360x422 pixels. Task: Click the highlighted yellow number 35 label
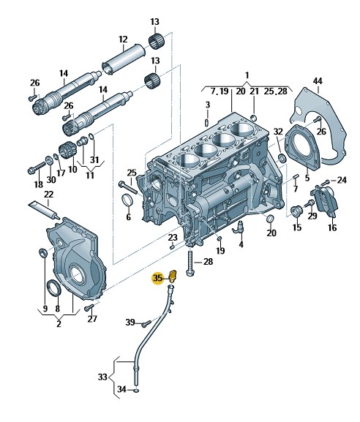pyautogui.click(x=157, y=278)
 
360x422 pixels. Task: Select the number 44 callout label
pyautogui.click(x=318, y=81)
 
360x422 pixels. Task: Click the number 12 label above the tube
pyautogui.click(x=123, y=39)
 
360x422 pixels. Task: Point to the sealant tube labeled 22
pyautogui.click(x=44, y=210)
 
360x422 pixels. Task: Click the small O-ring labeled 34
pyautogui.click(x=137, y=389)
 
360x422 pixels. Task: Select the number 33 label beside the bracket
pyautogui.click(x=102, y=377)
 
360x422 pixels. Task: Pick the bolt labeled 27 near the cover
pyautogui.click(x=89, y=308)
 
